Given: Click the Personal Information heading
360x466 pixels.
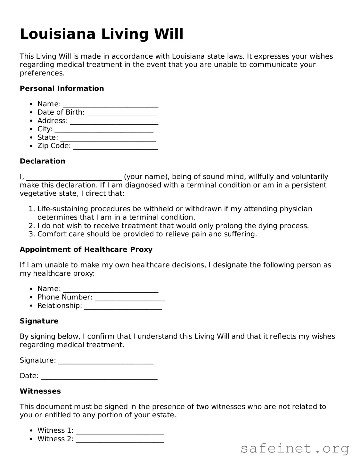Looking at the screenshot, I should pos(62,88).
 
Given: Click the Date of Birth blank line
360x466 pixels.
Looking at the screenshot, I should pos(122,113).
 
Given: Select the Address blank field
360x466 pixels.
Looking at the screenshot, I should pos(114,121).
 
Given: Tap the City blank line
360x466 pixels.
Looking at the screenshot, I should pos(104,130).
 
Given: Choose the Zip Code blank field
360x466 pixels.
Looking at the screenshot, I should pos(115,146).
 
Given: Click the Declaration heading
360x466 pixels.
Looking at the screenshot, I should pos(42,161).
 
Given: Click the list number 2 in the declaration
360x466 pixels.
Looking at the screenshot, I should pos(31,226).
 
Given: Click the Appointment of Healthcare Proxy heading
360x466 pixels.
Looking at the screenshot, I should pos(86,249).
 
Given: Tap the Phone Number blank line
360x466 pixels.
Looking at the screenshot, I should pos(130,298).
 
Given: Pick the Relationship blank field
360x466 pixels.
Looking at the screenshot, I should pos(123,306).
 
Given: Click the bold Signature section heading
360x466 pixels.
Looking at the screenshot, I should pos(39,321).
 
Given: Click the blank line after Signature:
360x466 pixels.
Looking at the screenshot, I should pos(106,361).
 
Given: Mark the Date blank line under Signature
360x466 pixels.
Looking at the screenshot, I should pos(99,376).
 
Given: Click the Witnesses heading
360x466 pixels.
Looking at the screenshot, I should pos(40,391).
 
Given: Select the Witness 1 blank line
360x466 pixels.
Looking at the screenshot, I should pos(120,431).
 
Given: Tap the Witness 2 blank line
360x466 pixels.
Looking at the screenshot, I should pos(120,439).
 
